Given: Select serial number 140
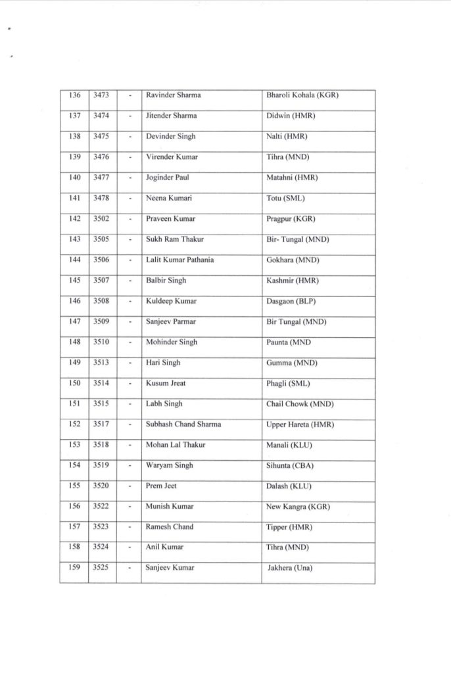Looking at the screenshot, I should click(x=74, y=177).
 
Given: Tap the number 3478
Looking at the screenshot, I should click(x=101, y=198).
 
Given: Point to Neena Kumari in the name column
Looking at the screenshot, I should click(x=169, y=198).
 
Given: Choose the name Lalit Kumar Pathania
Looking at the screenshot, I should click(x=179, y=260).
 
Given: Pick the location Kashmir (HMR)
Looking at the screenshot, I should click(x=291, y=281).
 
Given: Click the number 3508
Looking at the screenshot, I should click(x=101, y=301).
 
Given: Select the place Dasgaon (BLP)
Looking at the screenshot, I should click(x=293, y=301).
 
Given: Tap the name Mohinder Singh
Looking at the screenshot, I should click(x=171, y=342).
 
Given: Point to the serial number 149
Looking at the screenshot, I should click(x=74, y=363).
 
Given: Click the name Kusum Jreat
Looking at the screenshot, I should click(x=167, y=383).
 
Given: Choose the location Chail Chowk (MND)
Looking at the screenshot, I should click(x=299, y=404).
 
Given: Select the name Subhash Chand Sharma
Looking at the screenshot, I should click(x=183, y=424).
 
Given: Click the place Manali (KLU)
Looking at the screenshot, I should click(x=289, y=445).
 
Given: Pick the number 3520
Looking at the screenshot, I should click(x=101, y=486).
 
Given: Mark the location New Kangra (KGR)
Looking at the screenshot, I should click(x=298, y=507).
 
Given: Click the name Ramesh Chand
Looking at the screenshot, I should click(x=170, y=527).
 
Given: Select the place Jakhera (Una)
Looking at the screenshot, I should click(x=289, y=568).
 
